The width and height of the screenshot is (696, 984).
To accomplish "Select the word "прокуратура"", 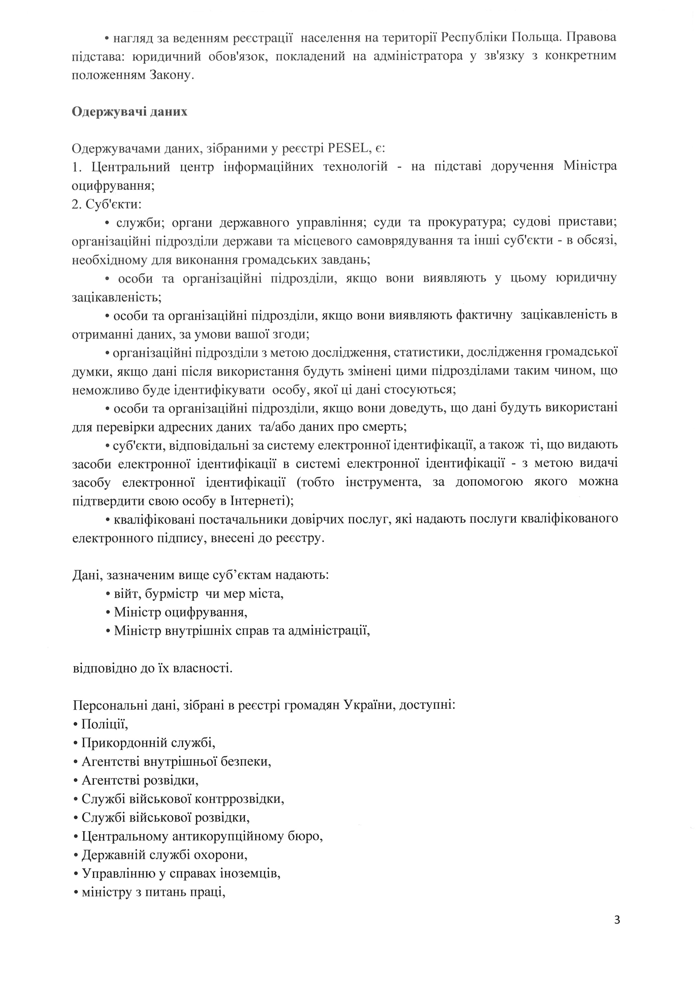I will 467,223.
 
